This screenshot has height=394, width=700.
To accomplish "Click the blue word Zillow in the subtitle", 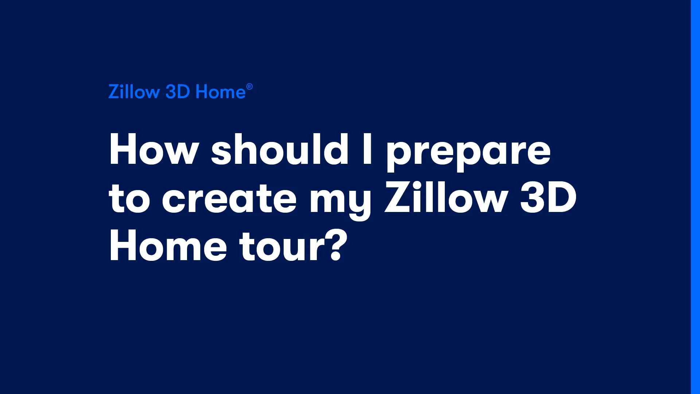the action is pos(134,92).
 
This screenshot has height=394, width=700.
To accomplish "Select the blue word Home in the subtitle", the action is pos(221,92).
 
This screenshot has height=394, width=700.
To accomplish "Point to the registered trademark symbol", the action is pos(249,87).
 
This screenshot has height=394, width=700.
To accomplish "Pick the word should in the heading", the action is pos(280,149).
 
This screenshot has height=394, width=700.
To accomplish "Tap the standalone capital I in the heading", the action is pos(367,149).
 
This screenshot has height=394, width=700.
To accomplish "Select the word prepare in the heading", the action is pos(468,153).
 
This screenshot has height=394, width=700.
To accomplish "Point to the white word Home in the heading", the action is pos(168,246).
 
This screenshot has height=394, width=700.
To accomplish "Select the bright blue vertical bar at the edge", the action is pos(695,197).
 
